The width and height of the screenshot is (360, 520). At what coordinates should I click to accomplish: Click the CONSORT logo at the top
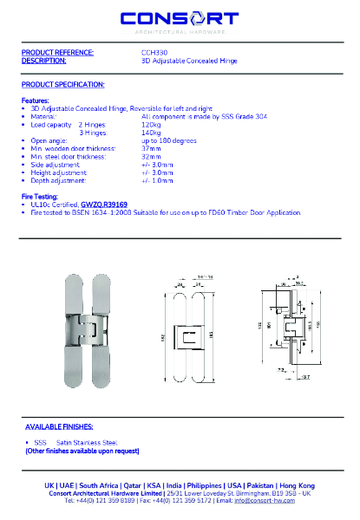point(180,20)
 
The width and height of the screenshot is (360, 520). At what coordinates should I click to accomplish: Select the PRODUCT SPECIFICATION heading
point(62,84)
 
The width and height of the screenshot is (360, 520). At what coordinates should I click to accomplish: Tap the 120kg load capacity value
point(151,124)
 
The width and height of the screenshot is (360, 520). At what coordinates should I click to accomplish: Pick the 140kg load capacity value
point(151,132)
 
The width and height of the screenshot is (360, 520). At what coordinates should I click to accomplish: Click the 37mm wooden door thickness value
point(151,147)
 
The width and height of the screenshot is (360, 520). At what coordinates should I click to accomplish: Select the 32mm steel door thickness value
point(151,156)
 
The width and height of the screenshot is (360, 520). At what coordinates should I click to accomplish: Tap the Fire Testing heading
point(39,197)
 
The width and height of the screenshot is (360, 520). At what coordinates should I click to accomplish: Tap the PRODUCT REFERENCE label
point(56,53)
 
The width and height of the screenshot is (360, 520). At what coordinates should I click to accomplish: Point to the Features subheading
point(35,101)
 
